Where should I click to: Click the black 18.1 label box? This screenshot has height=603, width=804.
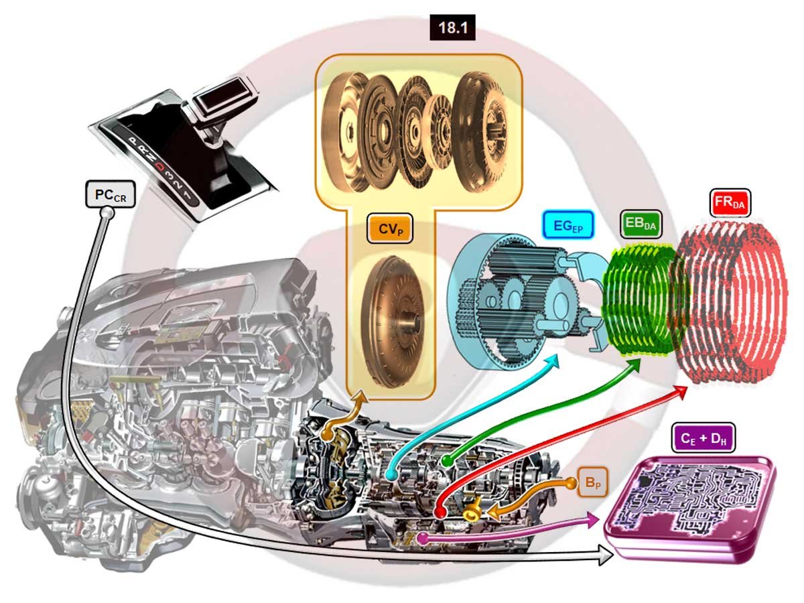click(452, 27)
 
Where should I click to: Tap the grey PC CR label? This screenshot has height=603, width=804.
click(111, 194)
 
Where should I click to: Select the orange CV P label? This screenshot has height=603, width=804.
click(390, 229)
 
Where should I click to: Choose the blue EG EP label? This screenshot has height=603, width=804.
click(567, 224)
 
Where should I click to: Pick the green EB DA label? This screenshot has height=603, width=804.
click(641, 224)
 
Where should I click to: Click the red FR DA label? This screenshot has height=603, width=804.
click(730, 202)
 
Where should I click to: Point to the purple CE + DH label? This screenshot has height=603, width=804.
click(703, 438)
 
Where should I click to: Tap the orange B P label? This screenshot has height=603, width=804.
click(593, 482)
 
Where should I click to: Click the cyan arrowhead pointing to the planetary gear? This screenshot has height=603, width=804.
click(551, 362)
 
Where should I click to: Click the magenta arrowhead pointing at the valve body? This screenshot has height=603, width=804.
click(592, 520)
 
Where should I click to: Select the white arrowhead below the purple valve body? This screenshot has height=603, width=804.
click(606, 554)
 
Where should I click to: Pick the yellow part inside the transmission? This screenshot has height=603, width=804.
click(472, 510)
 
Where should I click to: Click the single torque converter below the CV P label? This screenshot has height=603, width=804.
click(394, 322)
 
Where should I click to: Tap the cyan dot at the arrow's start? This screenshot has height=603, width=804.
click(391, 475)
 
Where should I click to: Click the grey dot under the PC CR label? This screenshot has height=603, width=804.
click(107, 212)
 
